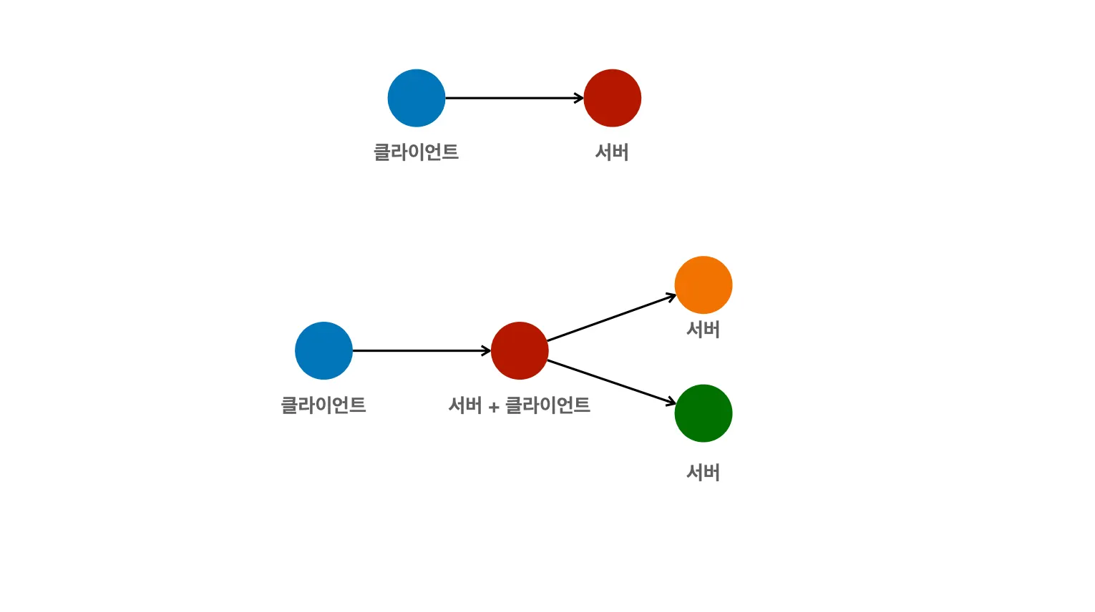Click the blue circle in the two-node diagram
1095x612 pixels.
tap(417, 98)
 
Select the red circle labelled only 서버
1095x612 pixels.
tap(612, 98)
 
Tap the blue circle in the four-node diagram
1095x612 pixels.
tap(323, 350)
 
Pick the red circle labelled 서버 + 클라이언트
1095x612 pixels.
tap(520, 350)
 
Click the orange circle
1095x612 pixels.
tap(704, 285)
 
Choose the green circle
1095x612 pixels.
tap(704, 413)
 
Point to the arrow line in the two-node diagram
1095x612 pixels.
tap(512, 98)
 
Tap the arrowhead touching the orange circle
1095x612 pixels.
tap(671, 296)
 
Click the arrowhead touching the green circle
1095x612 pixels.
tap(671, 403)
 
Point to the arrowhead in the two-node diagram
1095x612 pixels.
tap(580, 98)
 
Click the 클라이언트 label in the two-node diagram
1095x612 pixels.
tap(416, 152)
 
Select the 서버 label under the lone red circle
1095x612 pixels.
tap(612, 152)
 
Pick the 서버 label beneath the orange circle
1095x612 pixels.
tap(703, 330)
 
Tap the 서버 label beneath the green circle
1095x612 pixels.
tap(703, 473)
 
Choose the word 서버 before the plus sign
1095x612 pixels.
tap(465, 405)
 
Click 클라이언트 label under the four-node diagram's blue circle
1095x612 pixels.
tap(323, 405)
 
